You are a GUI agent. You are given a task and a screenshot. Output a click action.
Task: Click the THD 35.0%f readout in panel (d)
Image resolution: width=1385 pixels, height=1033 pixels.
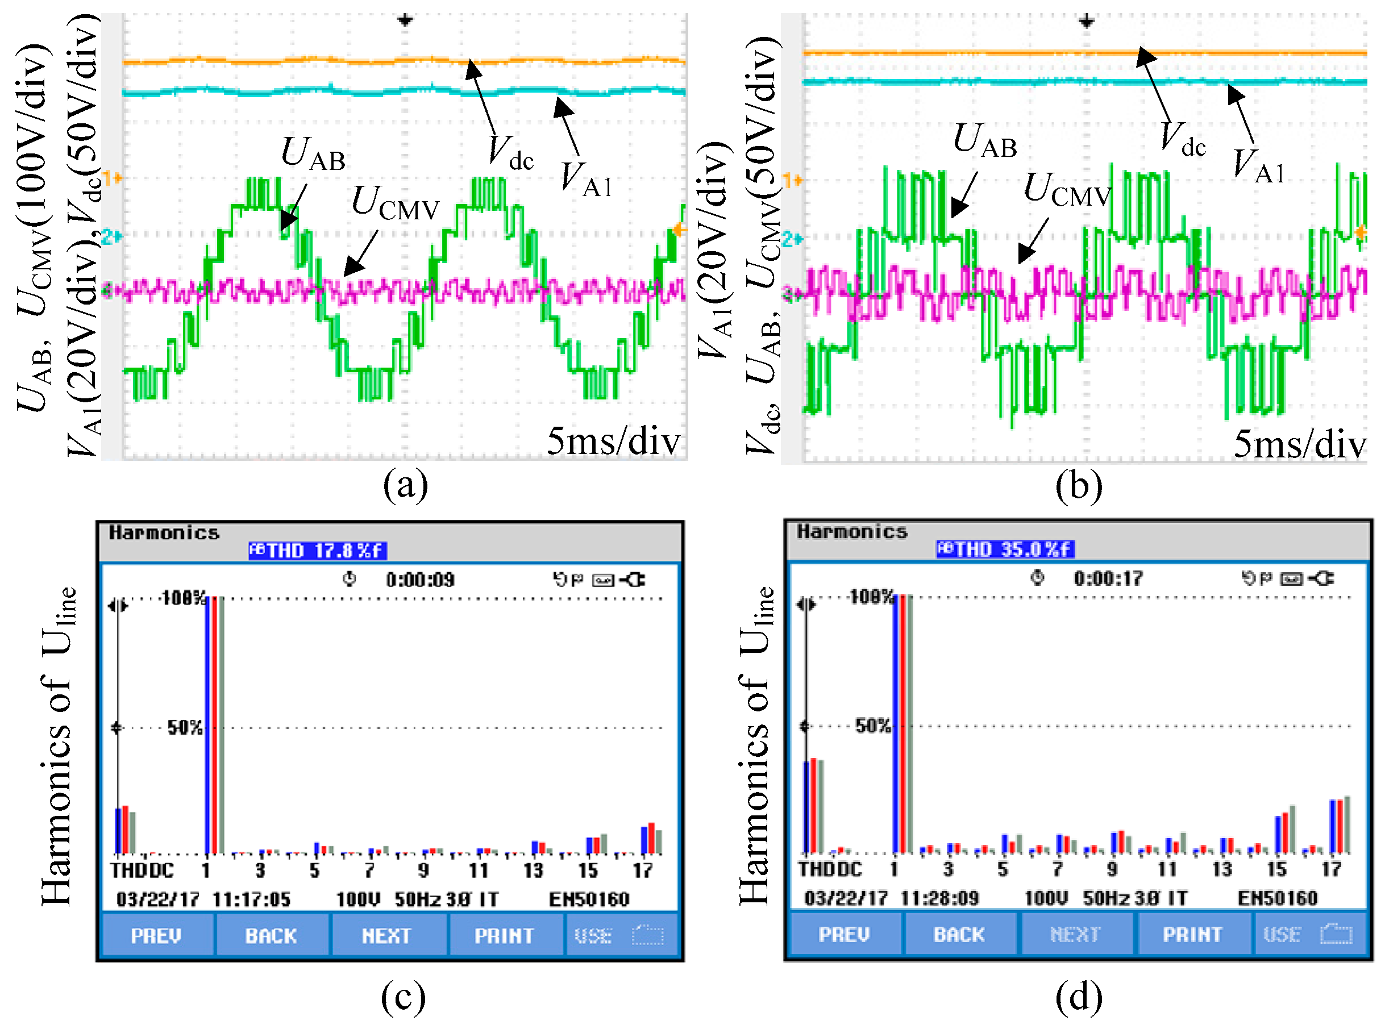[1005, 549]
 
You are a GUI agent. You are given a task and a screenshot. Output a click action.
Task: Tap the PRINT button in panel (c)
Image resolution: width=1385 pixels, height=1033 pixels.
[504, 935]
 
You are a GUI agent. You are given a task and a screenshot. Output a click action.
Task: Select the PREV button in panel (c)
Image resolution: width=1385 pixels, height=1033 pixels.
[156, 935]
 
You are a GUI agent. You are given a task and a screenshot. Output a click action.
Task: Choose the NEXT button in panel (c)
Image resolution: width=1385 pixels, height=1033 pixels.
[386, 935]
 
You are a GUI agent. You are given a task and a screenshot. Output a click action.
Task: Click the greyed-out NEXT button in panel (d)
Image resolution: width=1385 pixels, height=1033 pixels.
[1075, 934]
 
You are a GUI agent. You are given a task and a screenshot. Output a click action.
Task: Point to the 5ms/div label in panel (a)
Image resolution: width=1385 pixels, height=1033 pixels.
[613, 441]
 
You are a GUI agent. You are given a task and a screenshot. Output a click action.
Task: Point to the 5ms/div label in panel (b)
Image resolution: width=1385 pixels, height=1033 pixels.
[1299, 444]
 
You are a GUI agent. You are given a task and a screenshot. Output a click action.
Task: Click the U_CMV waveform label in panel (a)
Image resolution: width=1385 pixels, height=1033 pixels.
[395, 204]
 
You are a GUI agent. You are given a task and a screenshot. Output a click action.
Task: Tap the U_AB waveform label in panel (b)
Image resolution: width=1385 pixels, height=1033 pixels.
[985, 141]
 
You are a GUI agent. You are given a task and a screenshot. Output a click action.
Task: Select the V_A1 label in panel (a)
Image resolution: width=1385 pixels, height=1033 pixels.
[585, 180]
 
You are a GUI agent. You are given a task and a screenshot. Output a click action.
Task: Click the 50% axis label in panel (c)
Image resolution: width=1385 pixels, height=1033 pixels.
[185, 727]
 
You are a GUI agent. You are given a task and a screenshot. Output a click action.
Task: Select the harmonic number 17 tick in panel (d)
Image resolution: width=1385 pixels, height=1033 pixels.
[1330, 869]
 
